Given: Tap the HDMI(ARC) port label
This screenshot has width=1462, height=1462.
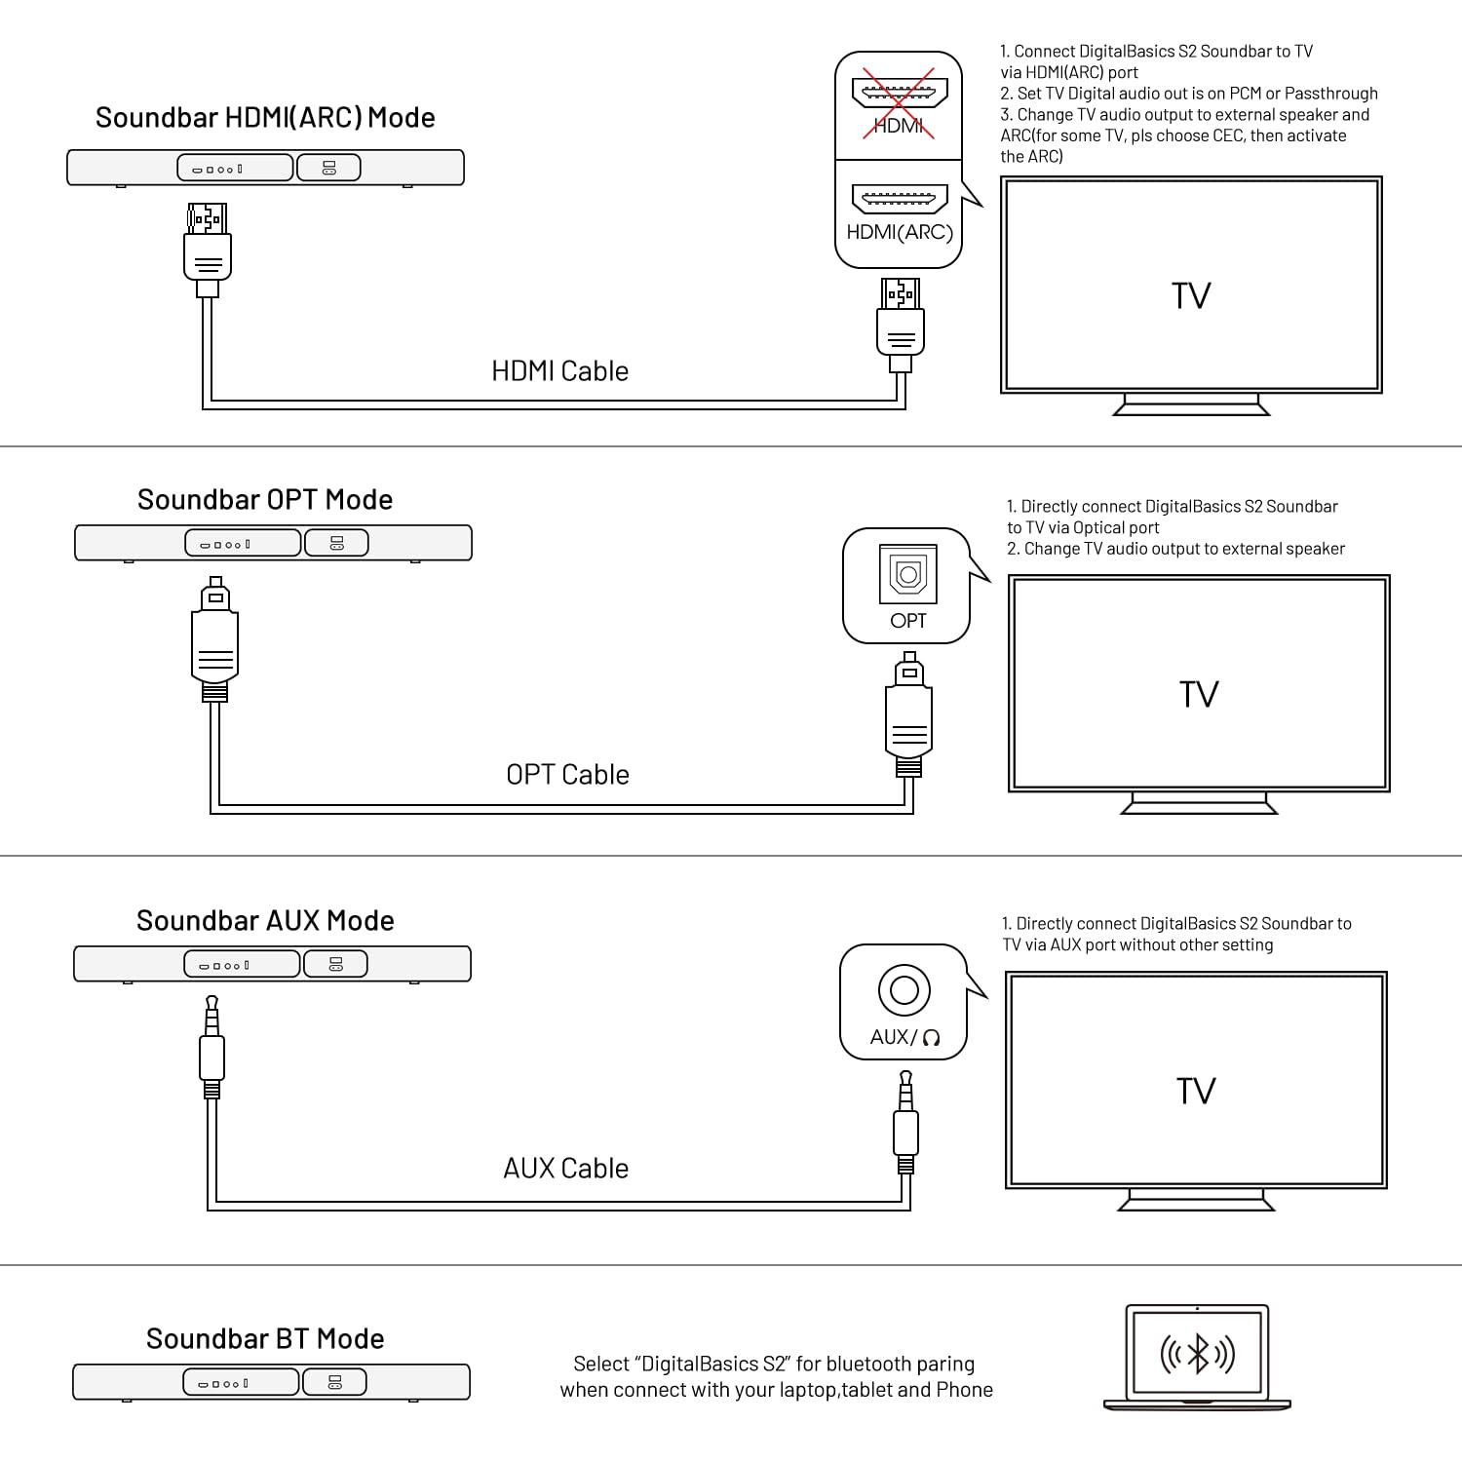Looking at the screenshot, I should (x=899, y=232).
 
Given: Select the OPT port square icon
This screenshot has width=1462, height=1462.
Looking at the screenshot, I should (x=907, y=575).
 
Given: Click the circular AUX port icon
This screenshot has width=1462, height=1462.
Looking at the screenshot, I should (x=904, y=990).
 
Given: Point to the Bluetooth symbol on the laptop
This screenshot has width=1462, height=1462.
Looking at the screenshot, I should (x=1198, y=1354).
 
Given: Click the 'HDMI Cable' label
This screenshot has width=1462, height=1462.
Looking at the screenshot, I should (x=559, y=371).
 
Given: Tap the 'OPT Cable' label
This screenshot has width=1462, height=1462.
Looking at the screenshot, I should (x=567, y=775).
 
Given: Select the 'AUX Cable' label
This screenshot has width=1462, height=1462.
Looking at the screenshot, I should (x=565, y=1169).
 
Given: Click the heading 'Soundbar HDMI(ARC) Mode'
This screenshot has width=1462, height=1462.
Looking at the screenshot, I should (x=265, y=118).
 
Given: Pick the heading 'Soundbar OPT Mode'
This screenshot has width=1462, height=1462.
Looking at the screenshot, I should (x=265, y=500).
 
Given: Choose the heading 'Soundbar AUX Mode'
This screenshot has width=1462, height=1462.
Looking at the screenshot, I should (x=265, y=921).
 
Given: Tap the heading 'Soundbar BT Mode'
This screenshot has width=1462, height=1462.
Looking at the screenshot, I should (x=265, y=1339).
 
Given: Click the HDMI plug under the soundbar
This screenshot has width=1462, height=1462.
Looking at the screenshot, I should (x=208, y=249).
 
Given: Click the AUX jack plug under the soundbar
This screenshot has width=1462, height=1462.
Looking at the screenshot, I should (x=212, y=1048).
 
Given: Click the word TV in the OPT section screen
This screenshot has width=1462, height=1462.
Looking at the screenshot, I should (x=1199, y=695).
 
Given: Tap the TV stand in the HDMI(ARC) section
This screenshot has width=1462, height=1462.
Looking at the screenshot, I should (x=1191, y=404).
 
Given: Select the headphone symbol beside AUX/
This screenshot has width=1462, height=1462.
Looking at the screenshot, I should (x=931, y=1038).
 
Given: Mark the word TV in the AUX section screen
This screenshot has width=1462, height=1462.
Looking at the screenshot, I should (x=1196, y=1092).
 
